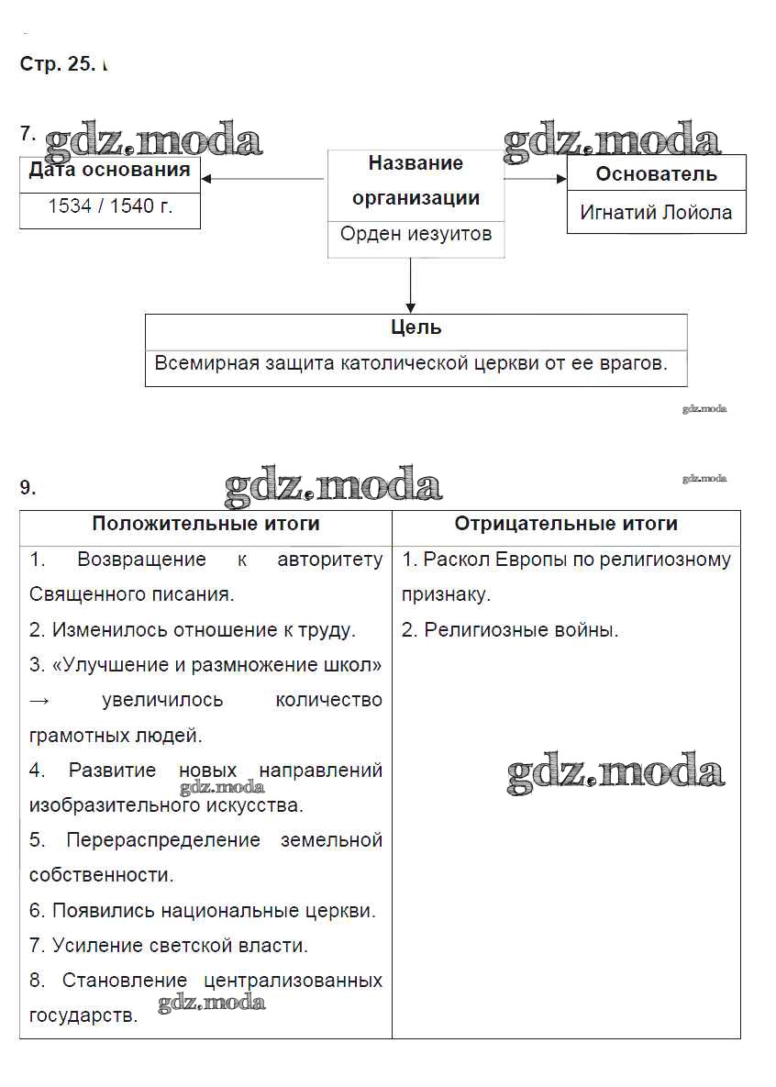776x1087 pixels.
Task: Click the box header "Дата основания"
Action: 110,170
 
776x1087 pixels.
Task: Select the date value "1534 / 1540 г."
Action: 110,206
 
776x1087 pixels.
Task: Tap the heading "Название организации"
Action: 416,180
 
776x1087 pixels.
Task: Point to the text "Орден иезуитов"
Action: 416,234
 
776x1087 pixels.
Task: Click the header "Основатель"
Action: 656,173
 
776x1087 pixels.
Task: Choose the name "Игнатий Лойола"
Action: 656,213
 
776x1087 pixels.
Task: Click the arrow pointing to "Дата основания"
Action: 262,179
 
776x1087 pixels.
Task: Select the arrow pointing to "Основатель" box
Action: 536,179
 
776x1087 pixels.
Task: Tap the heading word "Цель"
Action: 416,327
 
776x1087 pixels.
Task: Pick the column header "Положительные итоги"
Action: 205,524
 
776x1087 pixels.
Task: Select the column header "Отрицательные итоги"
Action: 566,524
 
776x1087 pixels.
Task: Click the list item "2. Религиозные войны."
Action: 510,630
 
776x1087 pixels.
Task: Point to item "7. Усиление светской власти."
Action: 169,945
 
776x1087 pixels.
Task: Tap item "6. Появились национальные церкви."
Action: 203,911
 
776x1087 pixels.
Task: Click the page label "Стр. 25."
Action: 57,64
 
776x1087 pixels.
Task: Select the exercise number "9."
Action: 28,488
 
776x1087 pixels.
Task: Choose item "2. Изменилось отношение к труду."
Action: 192,630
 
